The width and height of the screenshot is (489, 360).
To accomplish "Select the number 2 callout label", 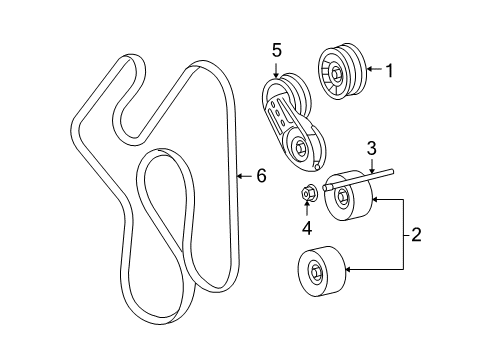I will point(415,235).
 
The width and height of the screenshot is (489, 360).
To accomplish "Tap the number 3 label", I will point(371,149).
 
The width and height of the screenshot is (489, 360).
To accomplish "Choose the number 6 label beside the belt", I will point(261,176).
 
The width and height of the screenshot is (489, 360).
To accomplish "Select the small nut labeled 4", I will point(308,191).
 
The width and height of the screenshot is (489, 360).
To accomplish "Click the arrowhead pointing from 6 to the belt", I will point(240,176).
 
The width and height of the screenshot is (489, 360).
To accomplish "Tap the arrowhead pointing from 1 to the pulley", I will point(366,70).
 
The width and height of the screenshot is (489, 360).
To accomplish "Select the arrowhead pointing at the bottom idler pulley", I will point(347,269).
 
